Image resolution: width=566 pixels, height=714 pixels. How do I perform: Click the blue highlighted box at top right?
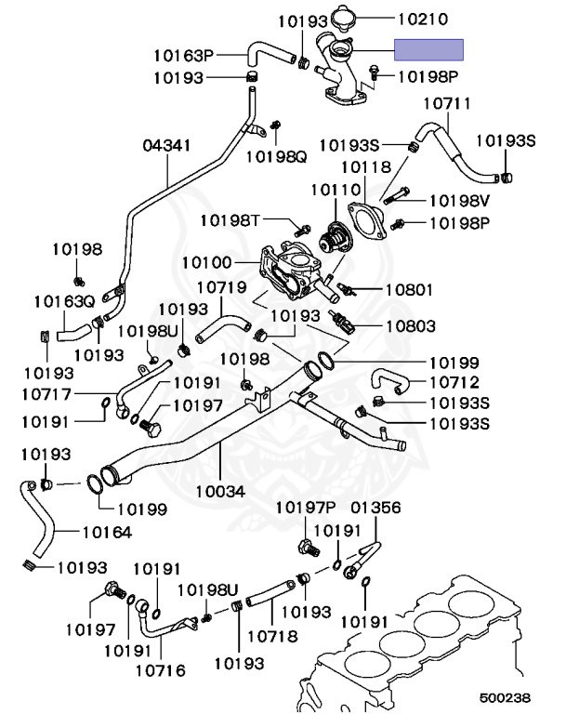(428, 49)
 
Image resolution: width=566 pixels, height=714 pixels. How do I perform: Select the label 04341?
(167, 146)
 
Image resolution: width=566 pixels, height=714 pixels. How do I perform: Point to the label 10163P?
(184, 54)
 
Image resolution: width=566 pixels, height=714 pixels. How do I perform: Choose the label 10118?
(365, 167)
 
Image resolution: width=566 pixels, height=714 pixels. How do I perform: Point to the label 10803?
(410, 326)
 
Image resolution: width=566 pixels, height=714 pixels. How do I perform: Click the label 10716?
(159, 668)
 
